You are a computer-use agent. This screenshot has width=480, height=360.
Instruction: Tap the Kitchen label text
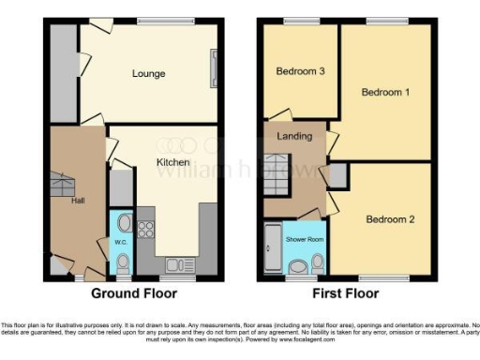click(172, 162)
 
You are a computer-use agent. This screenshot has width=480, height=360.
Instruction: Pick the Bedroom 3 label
click(300, 71)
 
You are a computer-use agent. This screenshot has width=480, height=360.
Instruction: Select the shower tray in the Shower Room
click(273, 247)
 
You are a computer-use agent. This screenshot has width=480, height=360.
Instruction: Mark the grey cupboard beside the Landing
click(336, 174)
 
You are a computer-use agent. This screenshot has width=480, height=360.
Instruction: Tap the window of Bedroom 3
click(300, 21)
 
